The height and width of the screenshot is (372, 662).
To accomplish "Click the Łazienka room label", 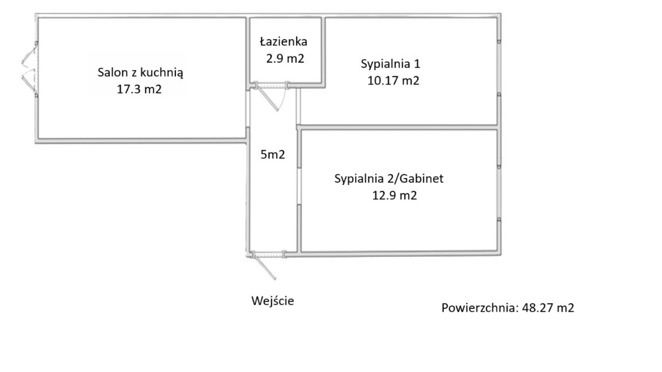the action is click(283, 41).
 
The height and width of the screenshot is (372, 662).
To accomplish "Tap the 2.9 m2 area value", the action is click(285, 58).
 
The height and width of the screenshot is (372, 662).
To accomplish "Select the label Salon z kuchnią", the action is click(140, 72).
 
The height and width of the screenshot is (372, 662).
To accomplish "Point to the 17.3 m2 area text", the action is click(139, 89).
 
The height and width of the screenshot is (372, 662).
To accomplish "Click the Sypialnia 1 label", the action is click(390, 64).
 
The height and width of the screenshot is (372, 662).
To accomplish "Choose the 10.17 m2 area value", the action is click(393, 80).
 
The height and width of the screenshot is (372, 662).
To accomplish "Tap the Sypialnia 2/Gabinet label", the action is click(389, 179).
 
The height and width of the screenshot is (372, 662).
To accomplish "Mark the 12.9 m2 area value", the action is click(394, 195).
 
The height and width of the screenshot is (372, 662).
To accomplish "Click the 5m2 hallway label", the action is click(273, 154).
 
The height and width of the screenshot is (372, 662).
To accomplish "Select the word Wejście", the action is click(273, 301).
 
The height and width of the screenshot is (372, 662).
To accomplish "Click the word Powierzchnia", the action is click(480, 308).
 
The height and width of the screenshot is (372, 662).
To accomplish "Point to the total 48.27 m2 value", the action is click(548, 308).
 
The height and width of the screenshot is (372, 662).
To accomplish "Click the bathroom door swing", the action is click(271, 96).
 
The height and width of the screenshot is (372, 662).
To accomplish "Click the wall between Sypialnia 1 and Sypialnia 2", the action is click(398, 127).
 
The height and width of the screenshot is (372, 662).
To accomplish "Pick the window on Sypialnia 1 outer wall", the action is click(499, 68).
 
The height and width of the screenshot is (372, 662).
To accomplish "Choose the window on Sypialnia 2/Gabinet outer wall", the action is click(499, 193).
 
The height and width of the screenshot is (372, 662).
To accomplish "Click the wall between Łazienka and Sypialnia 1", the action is click(323, 52).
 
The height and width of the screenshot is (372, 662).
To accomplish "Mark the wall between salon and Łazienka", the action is click(248, 52).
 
